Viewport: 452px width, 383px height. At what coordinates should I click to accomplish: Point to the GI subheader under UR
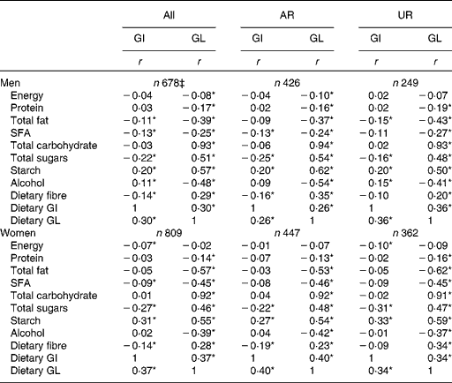tap(377, 38)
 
